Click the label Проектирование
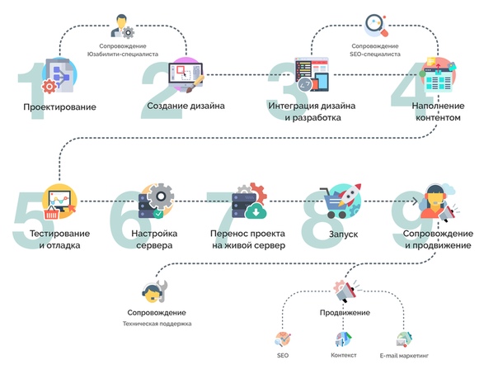click(x=59, y=107)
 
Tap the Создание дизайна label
click(x=186, y=106)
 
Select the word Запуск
click(x=343, y=234)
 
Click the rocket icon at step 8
click(x=349, y=194)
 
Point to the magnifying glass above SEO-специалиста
click(x=376, y=25)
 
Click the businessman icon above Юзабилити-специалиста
click(x=123, y=26)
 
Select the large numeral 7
click(x=223, y=220)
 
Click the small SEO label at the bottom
click(x=283, y=355)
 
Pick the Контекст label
click(x=344, y=355)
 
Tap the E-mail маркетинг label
click(x=404, y=356)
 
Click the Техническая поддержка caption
click(x=157, y=324)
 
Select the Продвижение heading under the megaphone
click(x=345, y=313)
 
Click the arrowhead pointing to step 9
click(x=415, y=201)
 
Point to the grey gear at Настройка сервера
click(x=161, y=196)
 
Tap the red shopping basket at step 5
click(x=51, y=213)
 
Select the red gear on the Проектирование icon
click(x=49, y=86)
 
